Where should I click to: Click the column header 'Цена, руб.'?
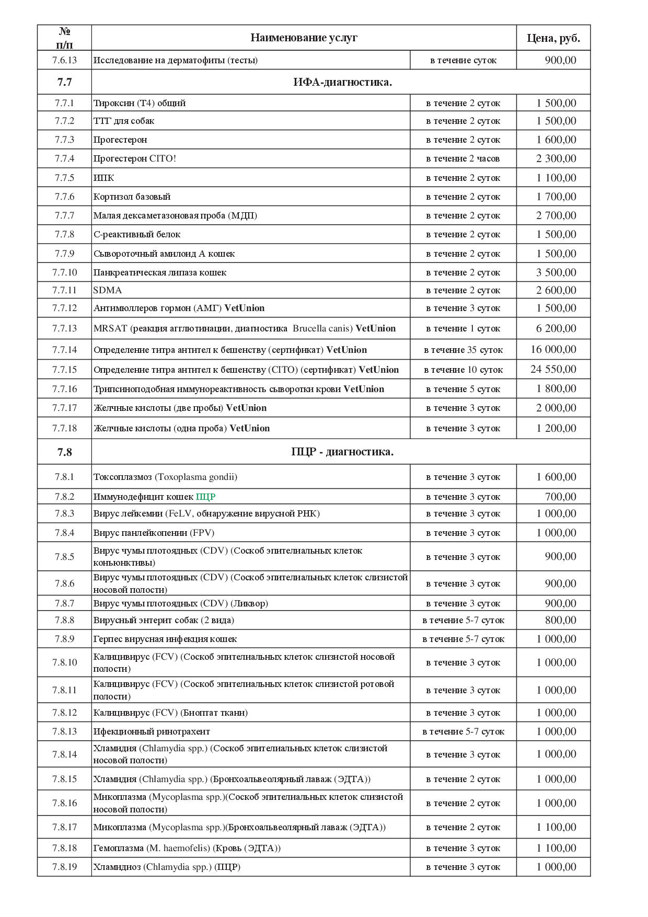coord(553,38)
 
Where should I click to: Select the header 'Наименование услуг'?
coord(304,38)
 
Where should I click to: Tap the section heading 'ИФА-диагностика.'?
coord(342,82)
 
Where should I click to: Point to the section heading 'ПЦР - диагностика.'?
coord(342,452)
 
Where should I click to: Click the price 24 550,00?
coord(553,370)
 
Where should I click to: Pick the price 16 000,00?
coord(553,350)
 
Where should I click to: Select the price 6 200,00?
coord(556,328)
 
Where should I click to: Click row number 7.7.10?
coord(64,272)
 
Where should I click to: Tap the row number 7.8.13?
coord(64,731)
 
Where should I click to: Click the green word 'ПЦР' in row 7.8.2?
coord(205,497)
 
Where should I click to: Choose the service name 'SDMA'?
coord(108,290)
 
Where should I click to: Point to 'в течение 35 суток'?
coord(463,350)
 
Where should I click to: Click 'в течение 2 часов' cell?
coord(463,158)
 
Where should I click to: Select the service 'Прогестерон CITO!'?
coord(135,158)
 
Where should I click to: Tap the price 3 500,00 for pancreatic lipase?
coord(556,272)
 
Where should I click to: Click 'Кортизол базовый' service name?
coord(132,197)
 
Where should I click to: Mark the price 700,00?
coord(560,497)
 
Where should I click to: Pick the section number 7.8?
coord(64,452)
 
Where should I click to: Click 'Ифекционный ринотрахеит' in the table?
coord(152,731)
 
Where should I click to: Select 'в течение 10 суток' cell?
coord(463,370)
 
